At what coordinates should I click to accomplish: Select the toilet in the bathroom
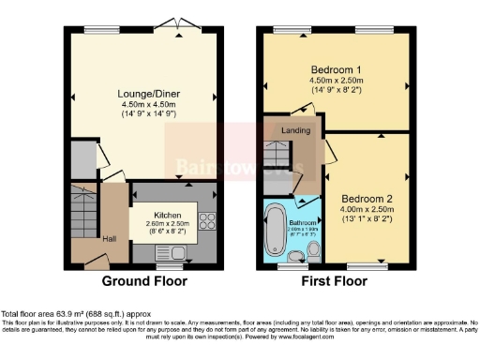[x=314, y=250]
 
